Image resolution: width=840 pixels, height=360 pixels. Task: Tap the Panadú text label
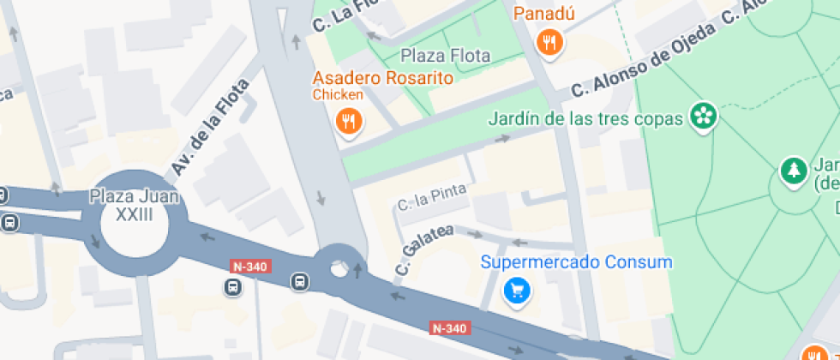pos(544,14)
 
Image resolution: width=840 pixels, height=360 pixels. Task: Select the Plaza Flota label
pos(446,56)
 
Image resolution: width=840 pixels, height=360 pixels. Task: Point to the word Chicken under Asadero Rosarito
pos(338,94)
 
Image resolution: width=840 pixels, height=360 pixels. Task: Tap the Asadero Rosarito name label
pos(382,78)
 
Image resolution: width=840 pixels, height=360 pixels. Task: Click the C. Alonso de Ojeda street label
pos(643,60)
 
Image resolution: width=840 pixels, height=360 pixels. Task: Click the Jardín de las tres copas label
pos(585,117)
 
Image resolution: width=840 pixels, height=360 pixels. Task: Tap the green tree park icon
pos(794,171)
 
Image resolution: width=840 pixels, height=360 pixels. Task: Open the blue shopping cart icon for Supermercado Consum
pos(517,291)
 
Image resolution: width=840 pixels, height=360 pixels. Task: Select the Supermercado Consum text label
pos(576,262)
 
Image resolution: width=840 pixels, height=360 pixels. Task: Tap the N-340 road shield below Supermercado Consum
pos(450,328)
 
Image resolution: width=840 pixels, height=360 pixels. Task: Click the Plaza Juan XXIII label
pos(135,206)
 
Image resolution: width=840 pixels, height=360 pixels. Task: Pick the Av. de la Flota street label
pos(210,127)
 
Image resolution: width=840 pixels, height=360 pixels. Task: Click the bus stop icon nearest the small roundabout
pos(300,281)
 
